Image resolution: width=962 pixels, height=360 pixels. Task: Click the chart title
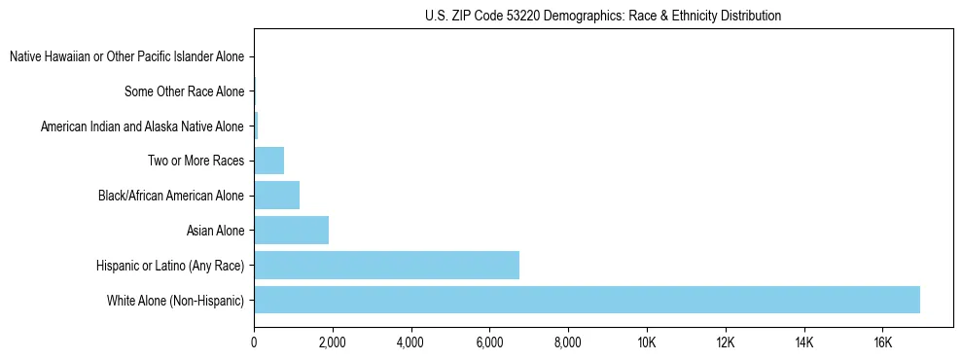pos(603,16)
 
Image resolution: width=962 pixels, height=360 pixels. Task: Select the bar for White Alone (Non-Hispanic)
pos(587,300)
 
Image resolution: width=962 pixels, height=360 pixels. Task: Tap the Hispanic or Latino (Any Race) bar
pos(386,265)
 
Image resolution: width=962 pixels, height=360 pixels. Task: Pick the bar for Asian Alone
pos(291,230)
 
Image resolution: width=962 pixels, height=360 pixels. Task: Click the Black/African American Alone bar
pos(276,196)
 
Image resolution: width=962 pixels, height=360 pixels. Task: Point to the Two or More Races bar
pos(268,161)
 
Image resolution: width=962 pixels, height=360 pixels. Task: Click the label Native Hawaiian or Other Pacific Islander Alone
pos(126,57)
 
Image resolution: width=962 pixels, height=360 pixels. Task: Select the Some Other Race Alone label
pos(184,91)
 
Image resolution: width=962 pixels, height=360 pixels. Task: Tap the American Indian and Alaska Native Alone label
pos(142,126)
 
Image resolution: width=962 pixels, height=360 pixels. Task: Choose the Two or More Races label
pos(196,161)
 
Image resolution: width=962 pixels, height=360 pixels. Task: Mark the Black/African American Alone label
pos(171,196)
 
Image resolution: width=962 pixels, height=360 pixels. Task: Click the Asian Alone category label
pos(215,231)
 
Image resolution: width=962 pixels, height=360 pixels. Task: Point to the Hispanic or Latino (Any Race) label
pos(170,265)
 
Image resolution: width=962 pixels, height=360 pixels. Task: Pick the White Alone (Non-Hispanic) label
pos(176,300)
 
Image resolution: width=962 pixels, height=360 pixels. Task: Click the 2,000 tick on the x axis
pos(333,342)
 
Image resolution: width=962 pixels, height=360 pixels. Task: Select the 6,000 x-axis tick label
pos(489,342)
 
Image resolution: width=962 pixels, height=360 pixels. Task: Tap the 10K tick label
pos(647,342)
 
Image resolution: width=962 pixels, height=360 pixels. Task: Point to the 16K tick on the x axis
pos(882,342)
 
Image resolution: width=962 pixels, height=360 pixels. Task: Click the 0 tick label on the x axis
pos(254,342)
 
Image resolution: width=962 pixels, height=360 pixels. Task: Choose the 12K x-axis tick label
pos(726,342)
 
